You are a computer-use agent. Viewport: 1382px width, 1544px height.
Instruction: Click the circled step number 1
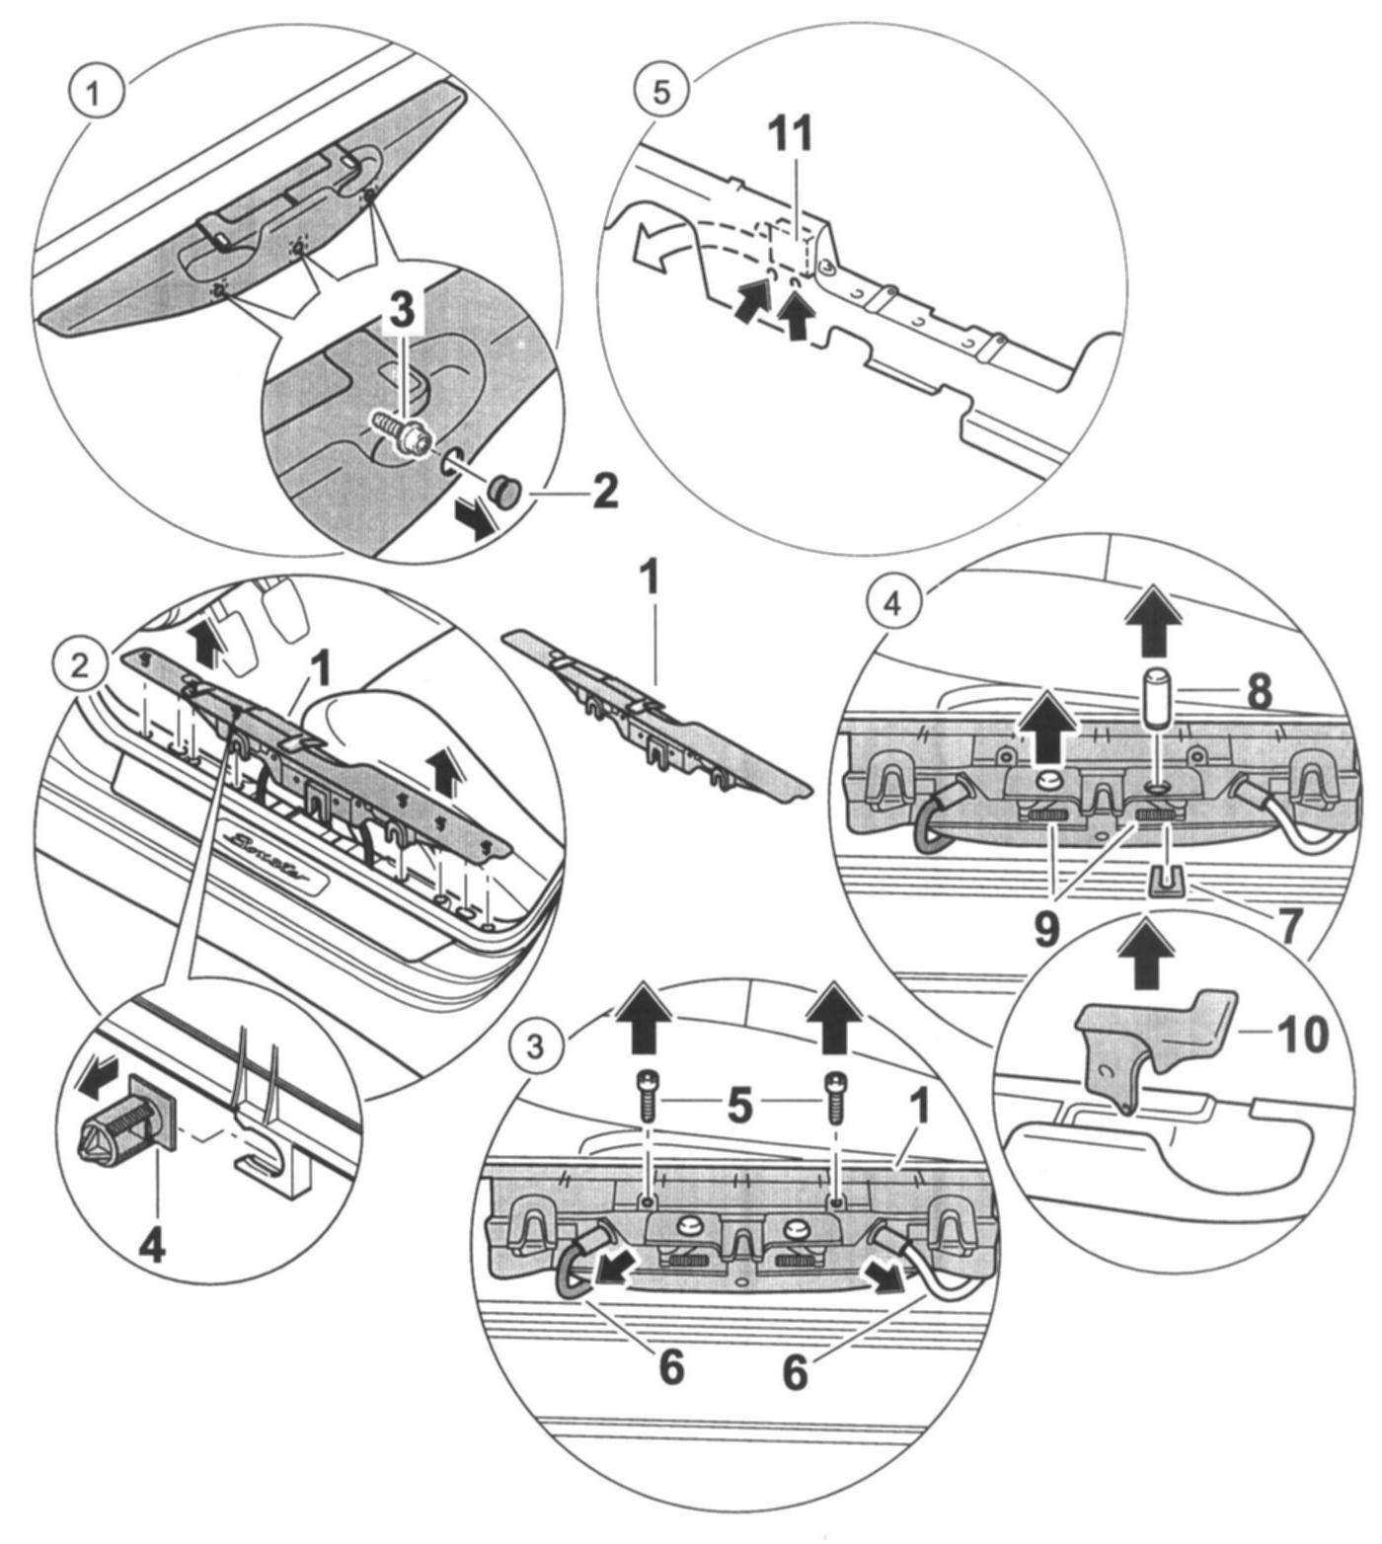pyautogui.click(x=94, y=95)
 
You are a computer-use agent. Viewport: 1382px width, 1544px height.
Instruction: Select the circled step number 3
pyautogui.click(x=535, y=1045)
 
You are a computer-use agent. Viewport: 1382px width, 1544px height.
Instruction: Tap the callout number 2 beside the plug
pyautogui.click(x=604, y=491)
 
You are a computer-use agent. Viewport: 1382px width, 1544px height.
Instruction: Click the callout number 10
pyautogui.click(x=1302, y=1034)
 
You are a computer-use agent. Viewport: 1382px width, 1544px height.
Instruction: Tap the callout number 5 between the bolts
pyautogui.click(x=739, y=1107)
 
